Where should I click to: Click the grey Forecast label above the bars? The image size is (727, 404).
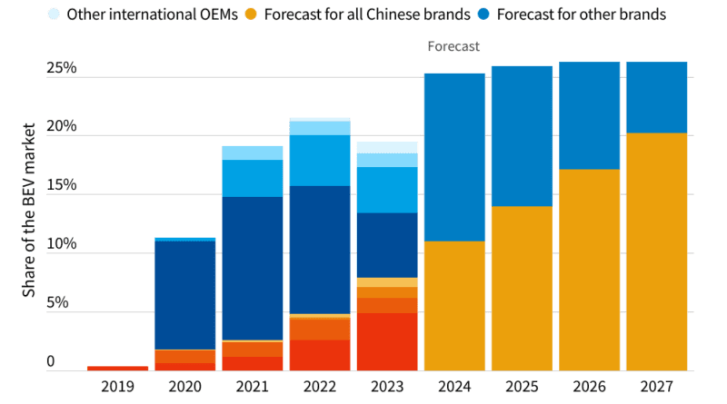click(x=453, y=45)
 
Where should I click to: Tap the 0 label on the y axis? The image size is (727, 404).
click(x=51, y=361)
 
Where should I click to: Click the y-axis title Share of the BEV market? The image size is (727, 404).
click(x=29, y=214)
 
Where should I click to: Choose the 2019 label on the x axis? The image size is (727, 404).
click(x=117, y=387)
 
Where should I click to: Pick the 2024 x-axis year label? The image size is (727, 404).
click(x=453, y=387)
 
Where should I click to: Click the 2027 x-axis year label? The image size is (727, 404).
click(x=656, y=387)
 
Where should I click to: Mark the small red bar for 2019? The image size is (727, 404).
click(x=117, y=368)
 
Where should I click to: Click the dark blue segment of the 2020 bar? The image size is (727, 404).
click(x=184, y=295)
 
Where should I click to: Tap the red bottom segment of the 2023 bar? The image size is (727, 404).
click(x=386, y=342)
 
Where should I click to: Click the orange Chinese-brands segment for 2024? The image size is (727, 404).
click(x=453, y=306)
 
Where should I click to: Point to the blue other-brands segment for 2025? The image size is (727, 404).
click(x=521, y=136)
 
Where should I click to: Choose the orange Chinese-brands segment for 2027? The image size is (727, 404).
click(x=656, y=252)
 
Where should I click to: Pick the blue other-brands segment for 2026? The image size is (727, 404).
click(x=589, y=115)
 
